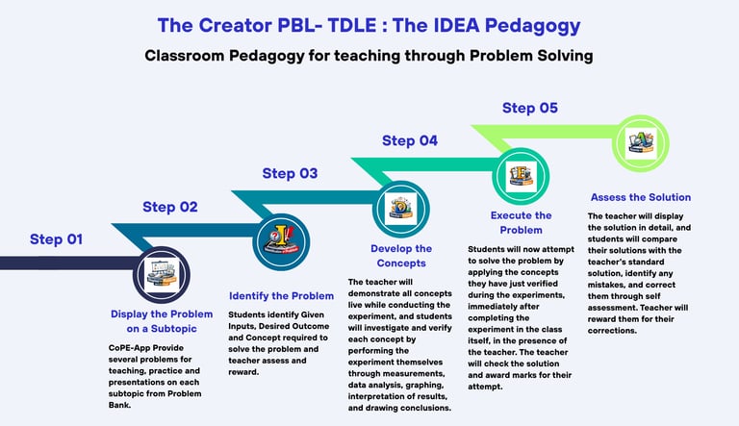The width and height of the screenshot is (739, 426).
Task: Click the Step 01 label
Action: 57,239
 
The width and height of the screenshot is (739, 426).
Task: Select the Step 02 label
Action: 170,207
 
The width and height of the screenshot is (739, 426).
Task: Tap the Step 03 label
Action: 290,173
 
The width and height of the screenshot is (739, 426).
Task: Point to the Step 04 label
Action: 410,140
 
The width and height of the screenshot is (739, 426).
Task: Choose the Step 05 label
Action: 529,108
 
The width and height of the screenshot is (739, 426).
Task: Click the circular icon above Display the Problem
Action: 160,274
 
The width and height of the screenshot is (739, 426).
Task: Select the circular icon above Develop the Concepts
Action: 398,205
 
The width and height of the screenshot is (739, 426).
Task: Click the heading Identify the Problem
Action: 281,295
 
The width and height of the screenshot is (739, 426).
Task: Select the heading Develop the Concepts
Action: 401,256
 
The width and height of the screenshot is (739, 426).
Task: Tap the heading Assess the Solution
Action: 639,197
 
